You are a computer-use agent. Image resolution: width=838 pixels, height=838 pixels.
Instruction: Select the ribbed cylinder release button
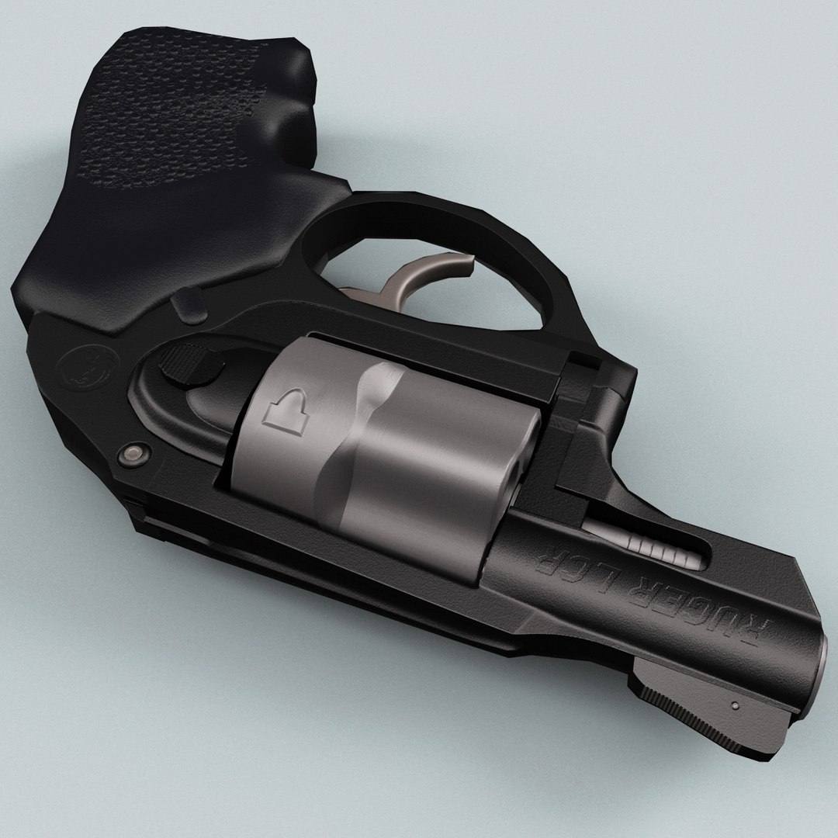click(x=182, y=365)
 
